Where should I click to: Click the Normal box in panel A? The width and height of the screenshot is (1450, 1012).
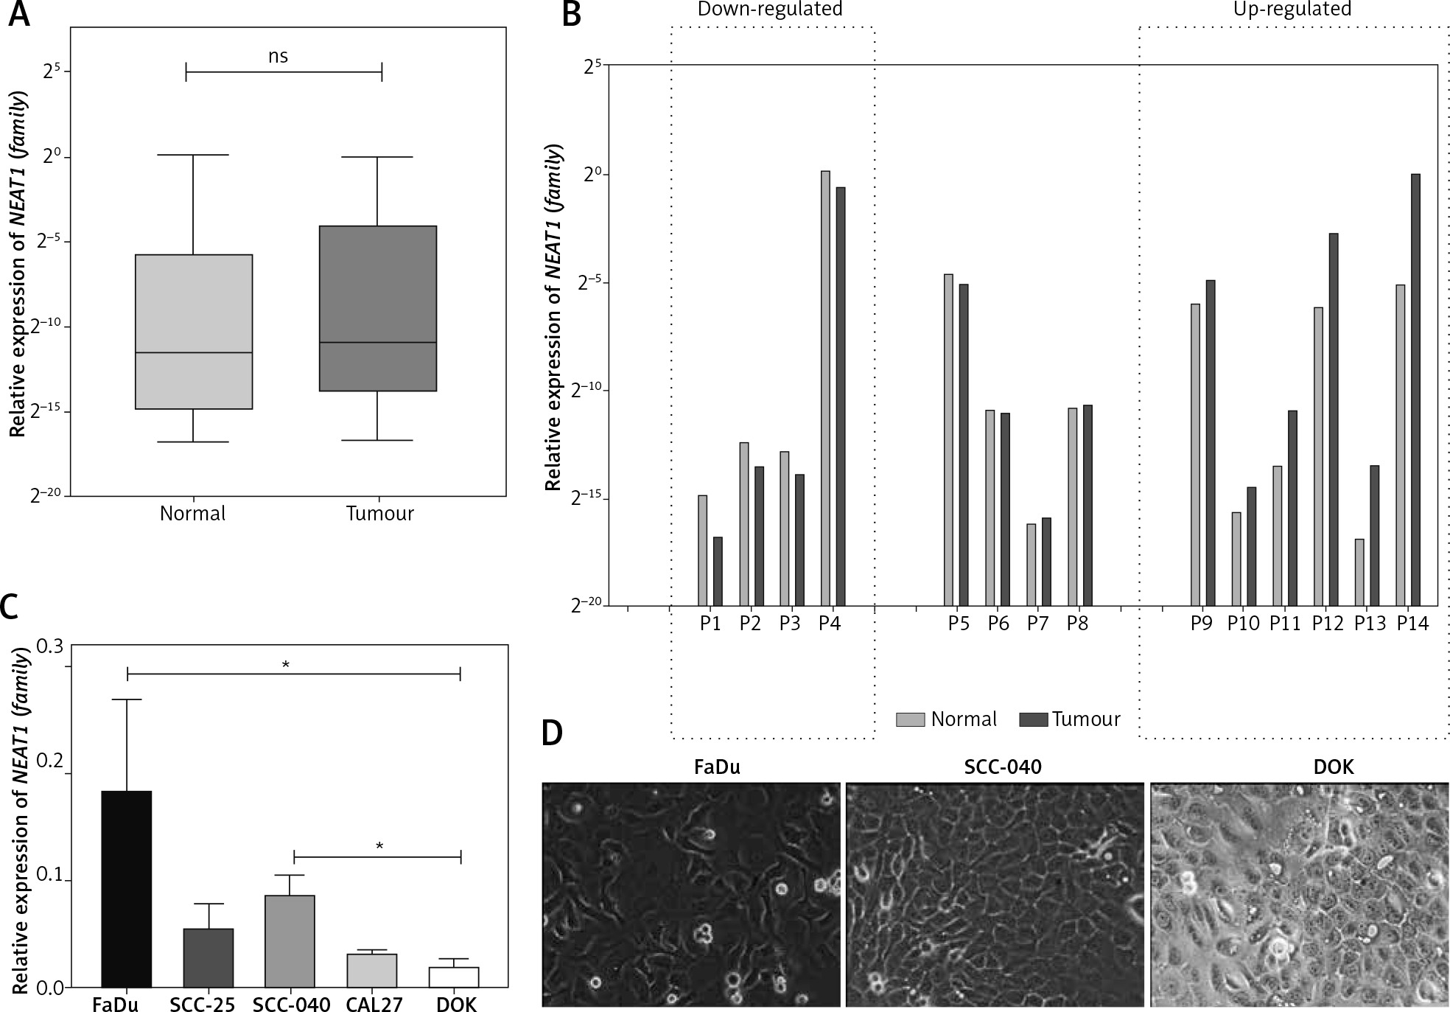pyautogui.click(x=193, y=331)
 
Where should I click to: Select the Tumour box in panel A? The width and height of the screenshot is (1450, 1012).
pyautogui.click(x=377, y=307)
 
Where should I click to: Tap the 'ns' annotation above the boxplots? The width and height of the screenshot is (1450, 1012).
pyautogui.click(x=278, y=56)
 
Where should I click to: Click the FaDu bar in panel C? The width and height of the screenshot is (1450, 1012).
pyautogui.click(x=126, y=888)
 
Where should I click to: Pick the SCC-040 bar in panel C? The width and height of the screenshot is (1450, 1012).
pyautogui.click(x=290, y=941)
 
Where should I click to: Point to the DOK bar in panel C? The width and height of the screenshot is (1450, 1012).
pyautogui.click(x=455, y=977)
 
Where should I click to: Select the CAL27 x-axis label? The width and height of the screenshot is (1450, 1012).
pyautogui.click(x=373, y=1005)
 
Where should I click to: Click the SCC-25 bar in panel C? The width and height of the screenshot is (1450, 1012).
pyautogui.click(x=209, y=957)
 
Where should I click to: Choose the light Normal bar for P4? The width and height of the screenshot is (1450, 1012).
pyautogui.click(x=825, y=388)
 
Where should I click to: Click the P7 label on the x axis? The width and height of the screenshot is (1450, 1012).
pyautogui.click(x=1037, y=624)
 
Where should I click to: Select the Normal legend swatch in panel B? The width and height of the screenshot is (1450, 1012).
pyautogui.click(x=910, y=719)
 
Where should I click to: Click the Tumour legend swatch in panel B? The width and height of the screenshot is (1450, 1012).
pyautogui.click(x=1033, y=719)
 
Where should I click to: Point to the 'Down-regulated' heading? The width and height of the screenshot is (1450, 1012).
pyautogui.click(x=769, y=10)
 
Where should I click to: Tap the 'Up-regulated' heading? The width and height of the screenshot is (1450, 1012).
pyautogui.click(x=1292, y=10)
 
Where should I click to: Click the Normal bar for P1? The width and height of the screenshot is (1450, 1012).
pyautogui.click(x=702, y=550)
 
